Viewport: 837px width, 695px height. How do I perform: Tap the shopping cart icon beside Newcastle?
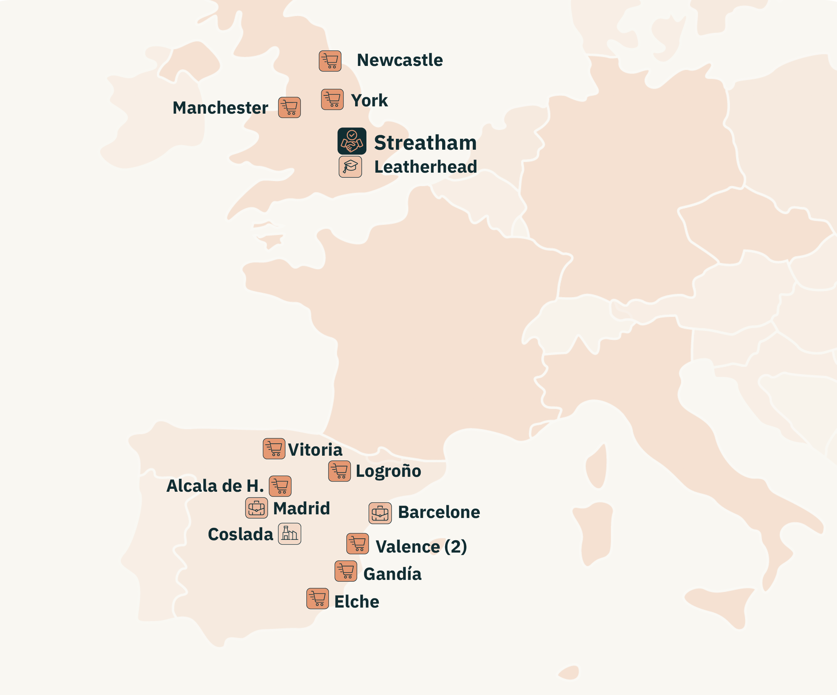point(330,61)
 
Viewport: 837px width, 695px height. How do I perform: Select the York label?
point(369,101)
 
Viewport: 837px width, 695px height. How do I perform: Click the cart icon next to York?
point(333,99)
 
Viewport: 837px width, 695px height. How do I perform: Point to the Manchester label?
point(220,107)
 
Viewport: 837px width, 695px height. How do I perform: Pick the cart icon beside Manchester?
point(289,107)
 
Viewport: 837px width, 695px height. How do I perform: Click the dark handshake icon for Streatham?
point(351,141)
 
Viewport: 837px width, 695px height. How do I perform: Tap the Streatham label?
point(425,143)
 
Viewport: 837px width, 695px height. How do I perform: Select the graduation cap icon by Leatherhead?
point(350,166)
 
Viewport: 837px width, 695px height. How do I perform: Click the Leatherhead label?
point(425,166)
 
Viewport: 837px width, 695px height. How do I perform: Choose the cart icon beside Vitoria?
point(274,449)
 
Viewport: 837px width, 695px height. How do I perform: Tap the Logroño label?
point(388,471)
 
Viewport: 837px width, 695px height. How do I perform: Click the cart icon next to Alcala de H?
point(280,486)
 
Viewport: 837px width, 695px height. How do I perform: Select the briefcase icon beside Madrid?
point(256,508)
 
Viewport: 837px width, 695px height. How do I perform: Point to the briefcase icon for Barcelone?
point(380,513)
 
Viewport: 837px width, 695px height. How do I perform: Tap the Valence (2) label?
point(421,546)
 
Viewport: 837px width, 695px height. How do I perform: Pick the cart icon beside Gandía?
point(346,572)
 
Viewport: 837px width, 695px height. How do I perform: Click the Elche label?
point(357,602)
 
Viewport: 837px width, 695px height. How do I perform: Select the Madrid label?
point(301,509)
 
